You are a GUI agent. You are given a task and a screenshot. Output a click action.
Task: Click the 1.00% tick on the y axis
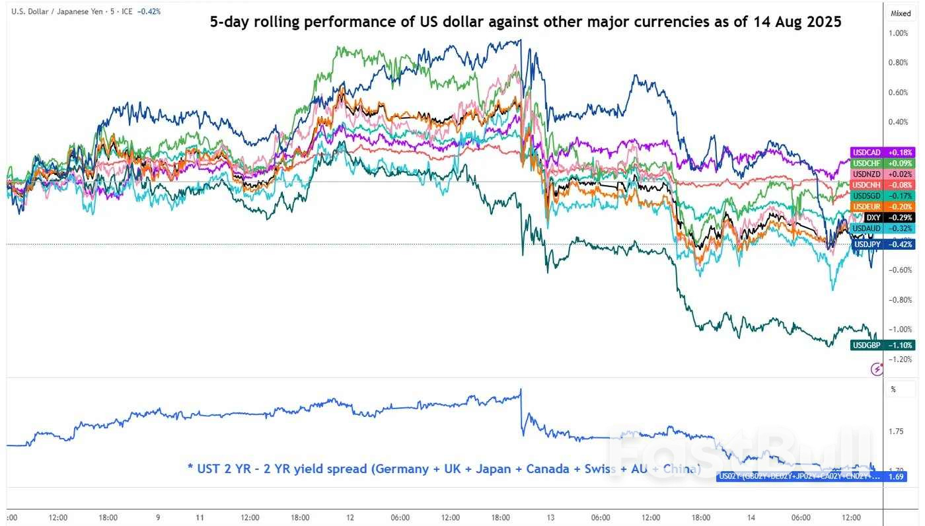coord(899,33)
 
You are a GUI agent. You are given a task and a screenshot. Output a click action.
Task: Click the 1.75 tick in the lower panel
coord(896,432)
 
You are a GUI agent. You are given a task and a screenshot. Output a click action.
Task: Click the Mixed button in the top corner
coord(900,13)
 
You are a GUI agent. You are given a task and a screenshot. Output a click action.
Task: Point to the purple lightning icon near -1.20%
coord(877,369)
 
